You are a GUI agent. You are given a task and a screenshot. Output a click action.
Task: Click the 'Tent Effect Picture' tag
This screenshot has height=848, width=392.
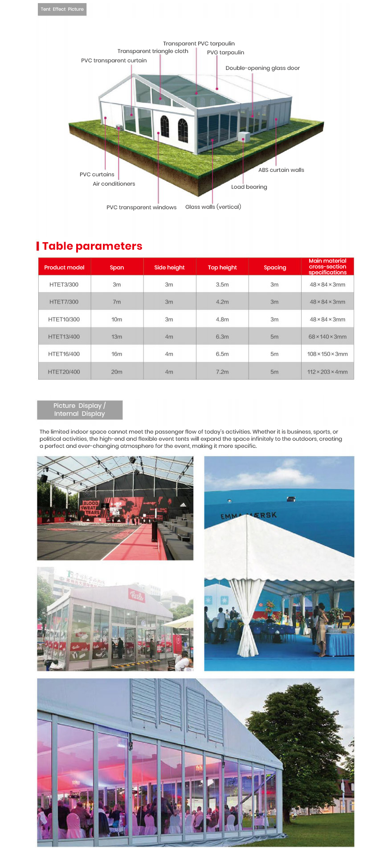click(x=62, y=9)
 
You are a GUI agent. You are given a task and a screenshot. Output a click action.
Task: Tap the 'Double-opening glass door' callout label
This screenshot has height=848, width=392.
click(x=262, y=68)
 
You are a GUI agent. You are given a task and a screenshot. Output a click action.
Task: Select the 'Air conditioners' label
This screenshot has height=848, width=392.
click(x=114, y=184)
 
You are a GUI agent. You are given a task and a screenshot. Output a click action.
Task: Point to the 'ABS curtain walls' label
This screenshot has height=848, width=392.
click(x=281, y=170)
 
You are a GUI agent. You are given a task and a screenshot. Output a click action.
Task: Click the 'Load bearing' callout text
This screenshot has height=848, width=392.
click(x=249, y=187)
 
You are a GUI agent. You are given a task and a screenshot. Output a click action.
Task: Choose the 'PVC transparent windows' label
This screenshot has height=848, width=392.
click(x=141, y=207)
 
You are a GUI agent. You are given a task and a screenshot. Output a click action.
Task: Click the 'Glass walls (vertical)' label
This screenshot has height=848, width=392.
click(x=213, y=207)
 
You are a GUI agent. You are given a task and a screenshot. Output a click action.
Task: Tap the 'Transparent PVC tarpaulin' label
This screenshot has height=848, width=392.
click(x=199, y=44)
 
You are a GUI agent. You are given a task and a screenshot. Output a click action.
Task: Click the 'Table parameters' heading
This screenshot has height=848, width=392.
click(x=92, y=246)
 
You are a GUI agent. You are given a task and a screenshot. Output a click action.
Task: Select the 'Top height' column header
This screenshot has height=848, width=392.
click(x=222, y=268)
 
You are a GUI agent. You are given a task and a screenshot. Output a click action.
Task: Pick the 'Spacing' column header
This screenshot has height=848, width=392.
click(x=275, y=268)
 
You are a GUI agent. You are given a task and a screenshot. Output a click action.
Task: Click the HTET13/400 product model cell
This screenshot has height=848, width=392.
click(x=64, y=337)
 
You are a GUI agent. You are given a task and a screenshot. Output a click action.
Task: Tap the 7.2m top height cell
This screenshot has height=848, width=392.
click(x=222, y=372)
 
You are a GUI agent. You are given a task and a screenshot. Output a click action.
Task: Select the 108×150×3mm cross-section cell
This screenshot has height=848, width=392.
click(x=327, y=354)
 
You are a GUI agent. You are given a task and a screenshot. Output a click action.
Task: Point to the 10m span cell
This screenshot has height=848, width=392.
click(x=117, y=320)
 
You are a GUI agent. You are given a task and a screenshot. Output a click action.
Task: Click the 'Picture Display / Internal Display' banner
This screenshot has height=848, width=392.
click(x=80, y=410)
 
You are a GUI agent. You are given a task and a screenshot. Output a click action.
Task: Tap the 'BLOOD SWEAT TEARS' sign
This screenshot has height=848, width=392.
click(x=90, y=508)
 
